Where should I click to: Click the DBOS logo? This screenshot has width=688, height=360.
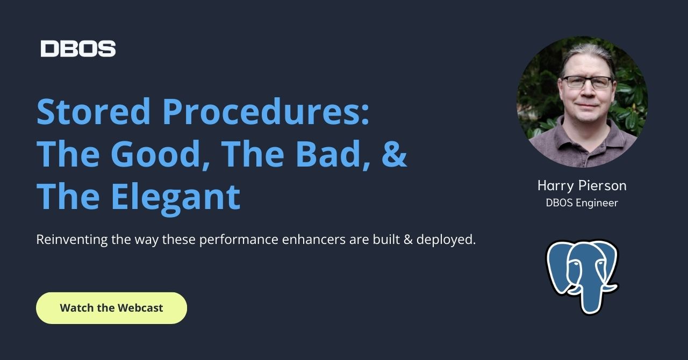(78, 48)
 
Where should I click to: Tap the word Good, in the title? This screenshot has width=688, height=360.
(160, 154)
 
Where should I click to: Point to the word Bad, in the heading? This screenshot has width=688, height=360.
(327, 154)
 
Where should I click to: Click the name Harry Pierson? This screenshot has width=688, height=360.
(582, 185)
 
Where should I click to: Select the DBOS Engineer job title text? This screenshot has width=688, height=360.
(582, 203)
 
